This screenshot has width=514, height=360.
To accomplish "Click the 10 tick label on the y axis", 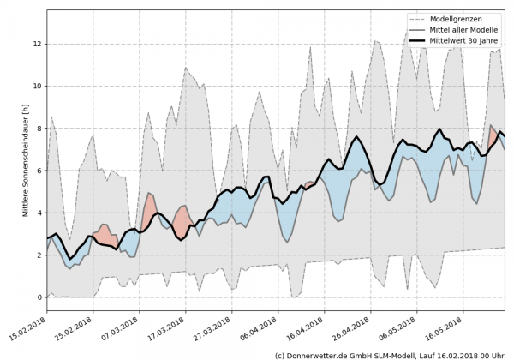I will pyautogui.click(x=37, y=86).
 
